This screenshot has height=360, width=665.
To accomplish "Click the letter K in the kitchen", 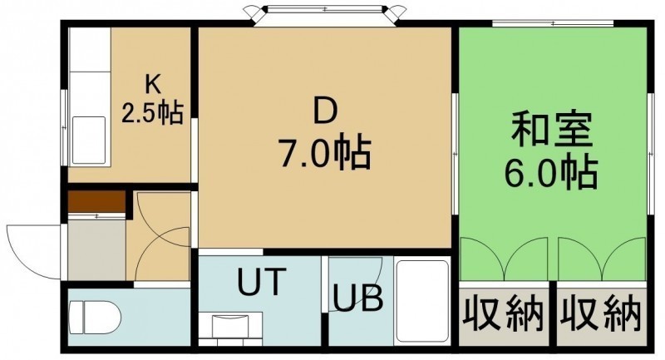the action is [x=153, y=85].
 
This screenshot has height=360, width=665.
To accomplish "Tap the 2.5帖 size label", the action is [x=153, y=113].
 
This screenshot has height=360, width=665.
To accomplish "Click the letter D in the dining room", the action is [x=325, y=111].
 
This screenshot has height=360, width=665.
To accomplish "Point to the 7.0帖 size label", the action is [x=324, y=154].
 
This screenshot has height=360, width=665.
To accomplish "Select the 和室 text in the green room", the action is [x=551, y=130].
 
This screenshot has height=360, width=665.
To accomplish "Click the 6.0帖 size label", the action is [x=551, y=173].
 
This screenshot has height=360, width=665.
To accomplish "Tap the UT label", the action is [x=259, y=282].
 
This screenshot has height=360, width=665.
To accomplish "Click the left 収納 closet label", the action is [x=503, y=314].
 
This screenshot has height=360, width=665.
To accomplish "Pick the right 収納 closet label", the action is [x=600, y=314].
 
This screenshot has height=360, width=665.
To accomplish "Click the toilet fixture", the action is [x=94, y=317].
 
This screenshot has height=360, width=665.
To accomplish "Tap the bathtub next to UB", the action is [x=422, y=301].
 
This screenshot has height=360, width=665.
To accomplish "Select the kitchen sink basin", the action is [x=89, y=140].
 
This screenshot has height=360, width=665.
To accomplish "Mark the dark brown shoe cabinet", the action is [x=96, y=201].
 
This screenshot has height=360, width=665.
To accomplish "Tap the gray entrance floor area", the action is [x=96, y=249].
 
